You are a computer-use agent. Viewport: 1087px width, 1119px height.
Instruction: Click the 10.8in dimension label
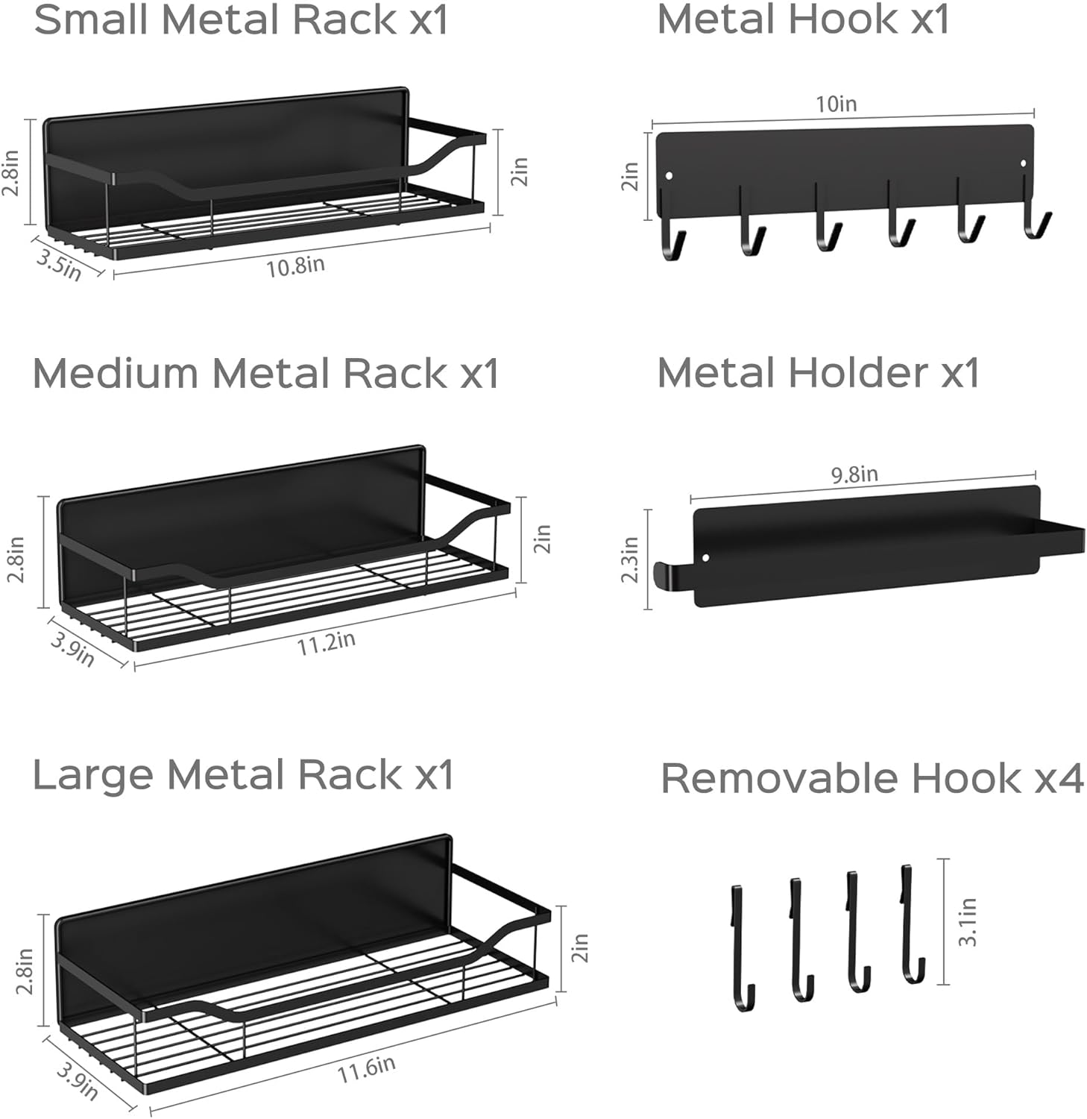click(295, 266)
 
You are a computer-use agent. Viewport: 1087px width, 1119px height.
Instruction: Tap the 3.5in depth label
click(58, 265)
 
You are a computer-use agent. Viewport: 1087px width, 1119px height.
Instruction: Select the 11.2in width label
click(326, 642)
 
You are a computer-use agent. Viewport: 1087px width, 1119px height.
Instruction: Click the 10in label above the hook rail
click(836, 104)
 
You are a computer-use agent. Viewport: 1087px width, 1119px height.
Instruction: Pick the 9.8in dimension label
click(854, 474)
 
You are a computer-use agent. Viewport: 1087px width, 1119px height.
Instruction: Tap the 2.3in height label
click(630, 559)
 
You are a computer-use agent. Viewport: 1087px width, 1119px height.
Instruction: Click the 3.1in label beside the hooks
click(967, 922)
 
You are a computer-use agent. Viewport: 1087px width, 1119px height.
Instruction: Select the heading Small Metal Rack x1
click(241, 20)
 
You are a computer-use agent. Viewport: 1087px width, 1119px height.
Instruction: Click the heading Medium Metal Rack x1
click(265, 373)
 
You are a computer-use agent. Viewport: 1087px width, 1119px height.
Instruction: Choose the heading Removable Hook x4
click(872, 778)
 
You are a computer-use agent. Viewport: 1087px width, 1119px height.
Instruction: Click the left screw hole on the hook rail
click(669, 177)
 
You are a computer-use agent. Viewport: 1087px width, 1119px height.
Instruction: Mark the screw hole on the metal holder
click(706, 557)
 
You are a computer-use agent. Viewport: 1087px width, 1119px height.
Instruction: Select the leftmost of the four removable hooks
click(741, 947)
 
